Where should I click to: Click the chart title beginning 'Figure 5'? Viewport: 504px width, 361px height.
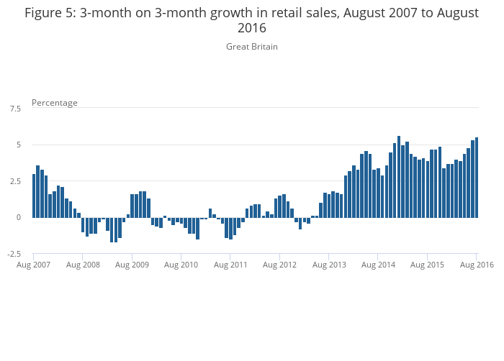251,20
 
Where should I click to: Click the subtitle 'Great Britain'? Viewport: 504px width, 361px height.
251,47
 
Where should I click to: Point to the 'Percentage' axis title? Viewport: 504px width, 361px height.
55,103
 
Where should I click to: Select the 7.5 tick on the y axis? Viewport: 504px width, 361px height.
15,109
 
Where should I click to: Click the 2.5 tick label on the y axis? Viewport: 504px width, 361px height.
15,181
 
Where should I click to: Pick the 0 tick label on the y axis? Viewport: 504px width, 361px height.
19,217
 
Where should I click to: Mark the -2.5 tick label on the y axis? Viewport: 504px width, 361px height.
14,254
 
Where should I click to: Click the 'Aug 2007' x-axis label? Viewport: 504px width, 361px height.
34,265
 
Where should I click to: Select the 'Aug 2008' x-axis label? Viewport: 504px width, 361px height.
83,265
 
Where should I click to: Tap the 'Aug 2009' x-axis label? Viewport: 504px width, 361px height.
132,265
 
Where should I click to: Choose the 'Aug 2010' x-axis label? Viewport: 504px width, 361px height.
181,265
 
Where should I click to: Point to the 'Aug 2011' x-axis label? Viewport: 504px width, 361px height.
230,265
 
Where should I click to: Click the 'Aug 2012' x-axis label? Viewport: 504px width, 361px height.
279,265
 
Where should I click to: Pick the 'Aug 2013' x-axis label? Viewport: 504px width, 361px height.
329,265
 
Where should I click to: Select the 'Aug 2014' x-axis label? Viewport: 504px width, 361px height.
378,265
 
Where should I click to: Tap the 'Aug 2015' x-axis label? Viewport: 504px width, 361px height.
427,265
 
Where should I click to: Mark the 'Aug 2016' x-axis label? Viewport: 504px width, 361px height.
476,265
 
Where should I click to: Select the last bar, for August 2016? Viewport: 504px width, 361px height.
477,177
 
